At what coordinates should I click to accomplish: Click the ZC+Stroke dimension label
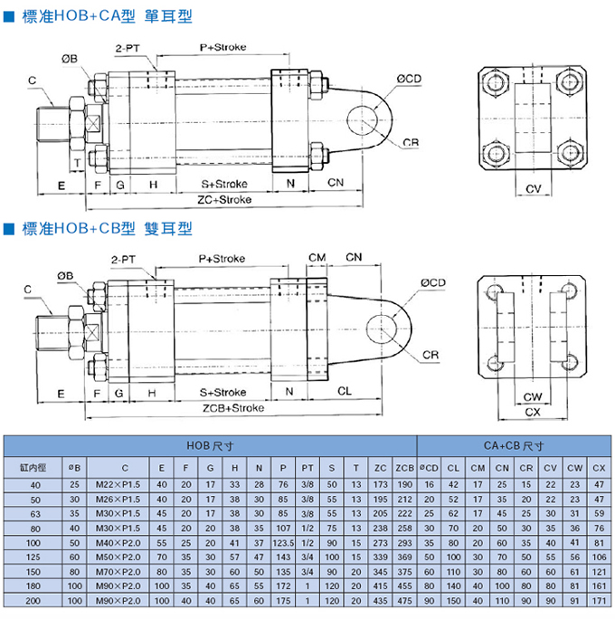point(223,199)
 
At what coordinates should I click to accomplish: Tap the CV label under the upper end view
point(533,188)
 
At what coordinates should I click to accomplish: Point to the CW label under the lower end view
point(533,396)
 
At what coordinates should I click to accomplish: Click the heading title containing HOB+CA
point(99,16)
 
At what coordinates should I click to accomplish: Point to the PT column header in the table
point(307,467)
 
